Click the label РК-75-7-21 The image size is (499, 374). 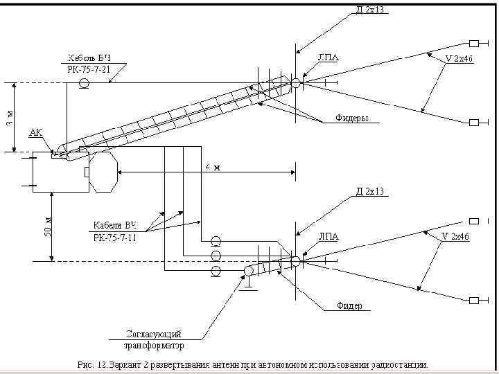[x=89, y=69]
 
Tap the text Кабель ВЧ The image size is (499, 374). [x=89, y=57]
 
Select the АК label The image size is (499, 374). [x=36, y=132]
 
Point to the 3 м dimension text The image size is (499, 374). [x=8, y=118]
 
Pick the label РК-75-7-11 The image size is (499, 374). [x=115, y=238]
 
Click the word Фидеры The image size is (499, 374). [x=352, y=118]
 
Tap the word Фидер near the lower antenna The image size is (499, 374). [x=349, y=306]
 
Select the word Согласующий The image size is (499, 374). [x=154, y=334]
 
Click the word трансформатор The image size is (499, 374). [x=154, y=345]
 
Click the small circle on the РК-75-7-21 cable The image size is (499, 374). [x=84, y=84]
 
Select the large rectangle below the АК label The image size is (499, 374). [x=60, y=172]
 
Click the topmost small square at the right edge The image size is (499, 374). [x=475, y=41]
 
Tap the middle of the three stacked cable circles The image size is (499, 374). [x=216, y=256]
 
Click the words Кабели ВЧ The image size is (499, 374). [x=115, y=226]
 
